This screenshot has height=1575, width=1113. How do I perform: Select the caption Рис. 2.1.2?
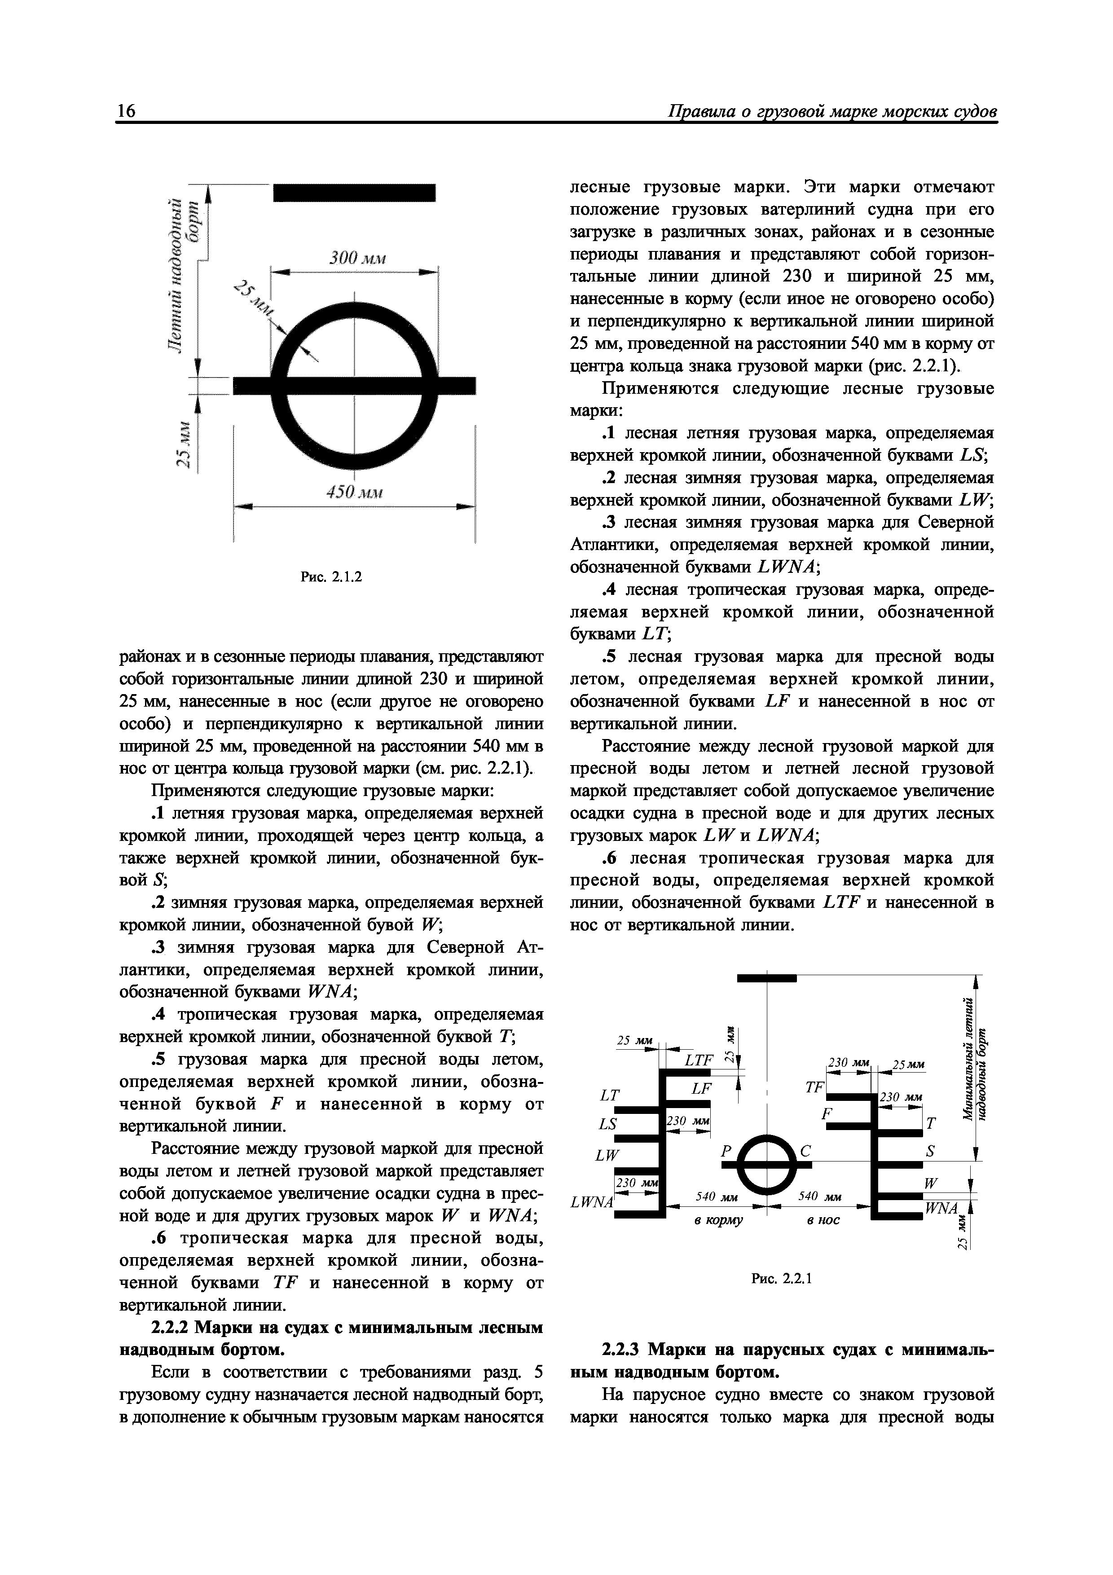coord(331,577)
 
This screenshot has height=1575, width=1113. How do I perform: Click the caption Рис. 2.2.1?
coord(782,1278)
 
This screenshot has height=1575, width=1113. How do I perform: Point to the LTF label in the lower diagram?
coord(699,1060)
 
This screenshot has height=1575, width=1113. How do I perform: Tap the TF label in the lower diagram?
coord(814,1088)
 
